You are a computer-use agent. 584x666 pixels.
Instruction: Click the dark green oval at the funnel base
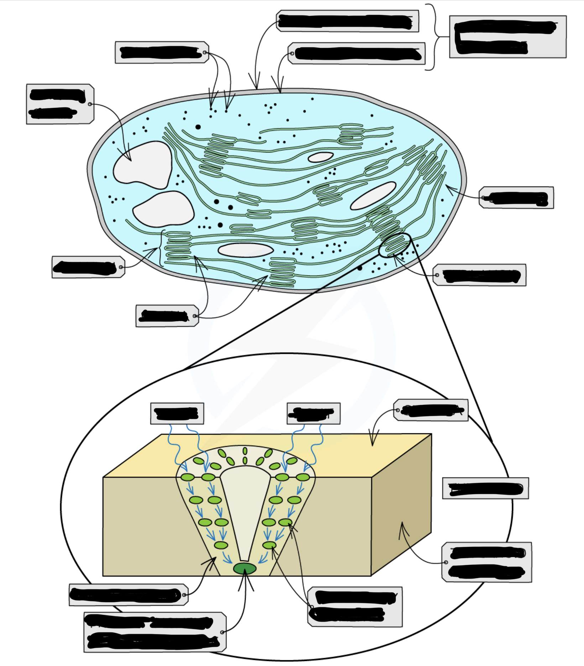click(x=245, y=568)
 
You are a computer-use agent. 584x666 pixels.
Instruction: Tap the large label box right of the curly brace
click(x=508, y=37)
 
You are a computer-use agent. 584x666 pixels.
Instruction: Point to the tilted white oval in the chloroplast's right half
click(x=373, y=196)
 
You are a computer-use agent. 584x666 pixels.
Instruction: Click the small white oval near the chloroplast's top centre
click(x=320, y=157)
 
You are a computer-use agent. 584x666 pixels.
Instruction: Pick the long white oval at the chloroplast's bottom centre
click(x=245, y=250)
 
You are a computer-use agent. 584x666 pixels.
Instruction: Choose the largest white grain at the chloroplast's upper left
click(x=143, y=165)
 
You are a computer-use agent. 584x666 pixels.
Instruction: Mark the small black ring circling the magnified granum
click(x=394, y=245)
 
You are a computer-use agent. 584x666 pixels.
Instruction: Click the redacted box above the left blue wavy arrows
click(x=177, y=413)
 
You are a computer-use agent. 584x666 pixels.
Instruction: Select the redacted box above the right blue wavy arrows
click(x=313, y=413)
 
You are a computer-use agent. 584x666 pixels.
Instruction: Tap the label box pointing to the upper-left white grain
click(x=60, y=104)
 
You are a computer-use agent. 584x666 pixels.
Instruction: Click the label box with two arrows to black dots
click(x=162, y=52)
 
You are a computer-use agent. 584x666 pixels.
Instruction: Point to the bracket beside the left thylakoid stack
click(x=162, y=248)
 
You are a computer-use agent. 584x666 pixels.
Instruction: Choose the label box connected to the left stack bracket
click(x=88, y=267)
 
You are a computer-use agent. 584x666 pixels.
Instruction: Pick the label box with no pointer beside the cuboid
click(x=485, y=488)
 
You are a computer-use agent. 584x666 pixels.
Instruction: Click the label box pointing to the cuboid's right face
click(x=486, y=562)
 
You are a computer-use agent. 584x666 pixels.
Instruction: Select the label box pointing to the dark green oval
click(x=155, y=632)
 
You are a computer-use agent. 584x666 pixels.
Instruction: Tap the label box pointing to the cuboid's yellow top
click(x=431, y=410)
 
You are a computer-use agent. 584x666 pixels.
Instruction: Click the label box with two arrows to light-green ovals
click(x=355, y=606)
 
